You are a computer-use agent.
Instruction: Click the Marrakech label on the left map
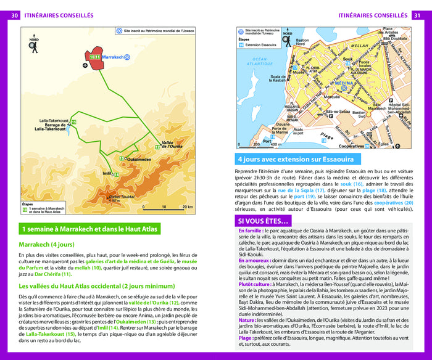point(113,57)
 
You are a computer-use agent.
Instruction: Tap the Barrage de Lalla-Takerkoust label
point(52,127)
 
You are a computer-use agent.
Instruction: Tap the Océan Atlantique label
point(259,62)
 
